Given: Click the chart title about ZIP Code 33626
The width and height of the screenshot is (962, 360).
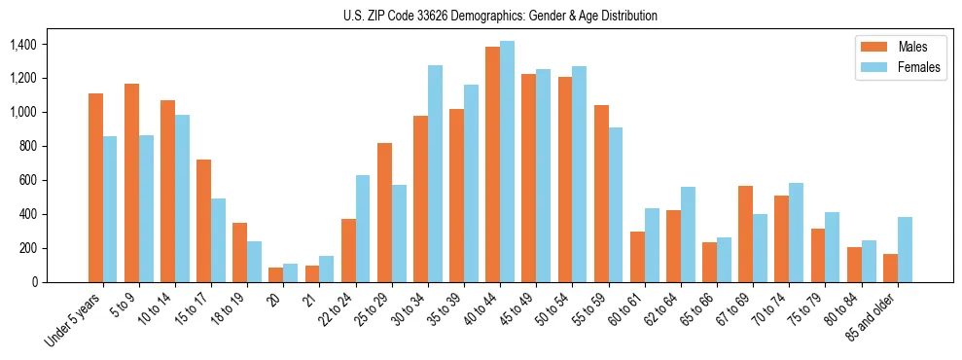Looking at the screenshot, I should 500,16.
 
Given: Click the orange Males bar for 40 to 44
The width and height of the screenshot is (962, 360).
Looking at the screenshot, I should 492,164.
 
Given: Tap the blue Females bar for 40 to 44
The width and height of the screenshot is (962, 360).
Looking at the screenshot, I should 507,162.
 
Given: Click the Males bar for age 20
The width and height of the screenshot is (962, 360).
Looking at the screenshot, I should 276,274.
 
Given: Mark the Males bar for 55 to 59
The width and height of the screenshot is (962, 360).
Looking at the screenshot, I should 601,194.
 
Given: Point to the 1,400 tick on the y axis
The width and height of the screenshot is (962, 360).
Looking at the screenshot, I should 21,45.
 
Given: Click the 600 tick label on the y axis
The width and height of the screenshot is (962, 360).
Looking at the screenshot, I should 26,180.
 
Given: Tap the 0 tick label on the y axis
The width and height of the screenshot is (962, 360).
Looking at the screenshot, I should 35,282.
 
